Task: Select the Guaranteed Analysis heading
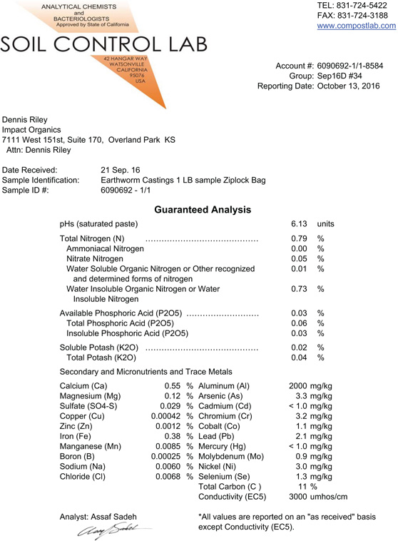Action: pyautogui.click(x=203, y=210)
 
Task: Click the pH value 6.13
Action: pyautogui.click(x=299, y=224)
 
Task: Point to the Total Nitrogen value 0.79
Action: pyautogui.click(x=299, y=238)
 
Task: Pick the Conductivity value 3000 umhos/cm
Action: pyautogui.click(x=318, y=496)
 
